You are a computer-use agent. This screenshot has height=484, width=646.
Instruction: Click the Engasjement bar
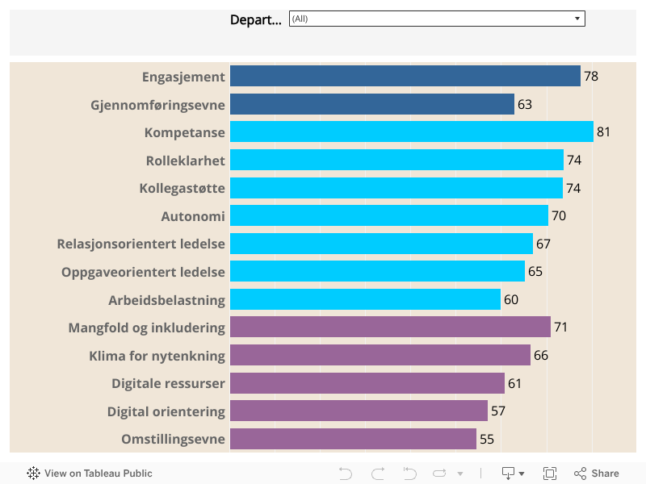(405, 77)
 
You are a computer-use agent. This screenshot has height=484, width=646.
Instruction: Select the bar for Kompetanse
(411, 131)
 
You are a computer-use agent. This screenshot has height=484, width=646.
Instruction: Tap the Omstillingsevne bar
(353, 439)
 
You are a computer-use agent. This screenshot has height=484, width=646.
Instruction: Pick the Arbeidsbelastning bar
(365, 299)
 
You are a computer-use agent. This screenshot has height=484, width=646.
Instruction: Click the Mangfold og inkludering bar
(390, 327)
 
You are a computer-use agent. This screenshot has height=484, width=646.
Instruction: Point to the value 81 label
(603, 131)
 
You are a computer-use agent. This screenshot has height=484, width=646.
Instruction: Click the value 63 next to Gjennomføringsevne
(525, 104)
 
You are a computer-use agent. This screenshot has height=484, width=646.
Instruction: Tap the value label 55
(487, 439)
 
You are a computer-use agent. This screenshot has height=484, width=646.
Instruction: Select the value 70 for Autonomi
(559, 215)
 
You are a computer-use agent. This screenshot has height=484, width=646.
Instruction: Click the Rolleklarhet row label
(185, 160)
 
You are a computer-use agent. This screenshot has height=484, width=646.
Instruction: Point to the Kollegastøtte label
(182, 188)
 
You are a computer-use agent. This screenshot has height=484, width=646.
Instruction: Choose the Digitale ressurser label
(168, 383)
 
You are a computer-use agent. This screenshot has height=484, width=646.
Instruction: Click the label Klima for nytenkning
(157, 355)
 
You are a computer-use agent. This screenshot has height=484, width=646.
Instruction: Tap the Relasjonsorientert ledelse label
(141, 244)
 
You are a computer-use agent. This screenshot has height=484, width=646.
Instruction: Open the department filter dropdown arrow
(577, 19)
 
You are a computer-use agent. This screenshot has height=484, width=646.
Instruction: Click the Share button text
(605, 474)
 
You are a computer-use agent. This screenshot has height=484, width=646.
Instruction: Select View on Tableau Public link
(98, 474)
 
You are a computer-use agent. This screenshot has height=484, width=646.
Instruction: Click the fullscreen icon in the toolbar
(550, 474)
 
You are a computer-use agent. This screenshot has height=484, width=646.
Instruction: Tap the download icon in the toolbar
(509, 474)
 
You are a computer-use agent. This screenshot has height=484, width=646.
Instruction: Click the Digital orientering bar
(359, 411)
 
